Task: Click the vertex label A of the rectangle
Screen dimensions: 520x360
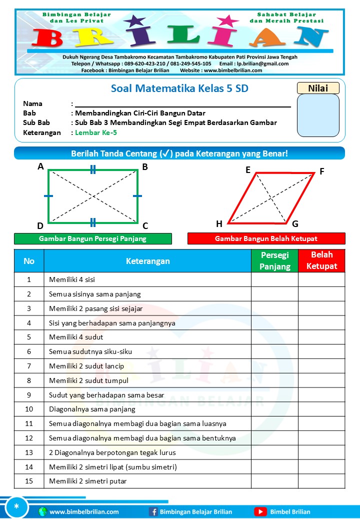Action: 40,166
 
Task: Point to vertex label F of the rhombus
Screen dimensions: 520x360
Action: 322,171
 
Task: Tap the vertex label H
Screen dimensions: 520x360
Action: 219,223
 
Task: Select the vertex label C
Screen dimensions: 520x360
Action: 145,225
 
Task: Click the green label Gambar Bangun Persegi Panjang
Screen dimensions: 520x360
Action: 92,238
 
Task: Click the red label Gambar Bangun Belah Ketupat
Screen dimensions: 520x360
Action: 266,238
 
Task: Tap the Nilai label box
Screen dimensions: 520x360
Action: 318,88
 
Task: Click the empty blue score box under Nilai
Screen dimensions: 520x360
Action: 318,115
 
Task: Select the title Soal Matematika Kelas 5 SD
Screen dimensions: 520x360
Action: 179,88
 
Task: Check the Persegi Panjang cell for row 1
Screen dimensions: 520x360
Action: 274,279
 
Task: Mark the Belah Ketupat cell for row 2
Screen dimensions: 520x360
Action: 321,294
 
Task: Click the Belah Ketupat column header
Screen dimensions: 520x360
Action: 321,260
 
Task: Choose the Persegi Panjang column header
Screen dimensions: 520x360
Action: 274,260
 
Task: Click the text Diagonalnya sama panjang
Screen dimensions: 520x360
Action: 92,409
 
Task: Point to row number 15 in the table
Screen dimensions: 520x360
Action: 29,481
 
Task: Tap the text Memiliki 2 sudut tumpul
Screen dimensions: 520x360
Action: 88,380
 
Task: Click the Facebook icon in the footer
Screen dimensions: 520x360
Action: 153,511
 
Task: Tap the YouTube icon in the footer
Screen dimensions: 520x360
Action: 260,511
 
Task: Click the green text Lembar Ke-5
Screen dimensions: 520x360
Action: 96,132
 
